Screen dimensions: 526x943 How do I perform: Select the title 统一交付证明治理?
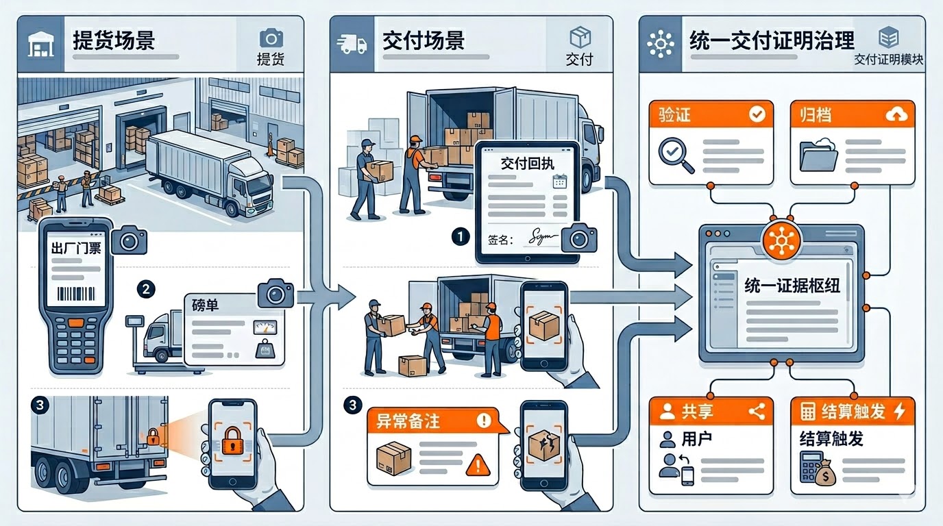coord(772,41)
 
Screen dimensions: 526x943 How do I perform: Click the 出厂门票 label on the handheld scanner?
coord(75,248)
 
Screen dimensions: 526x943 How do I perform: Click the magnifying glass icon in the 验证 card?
coord(674,155)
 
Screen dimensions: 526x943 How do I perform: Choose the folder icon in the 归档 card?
coord(818,155)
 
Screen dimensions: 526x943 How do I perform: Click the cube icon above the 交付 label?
coord(580,38)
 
